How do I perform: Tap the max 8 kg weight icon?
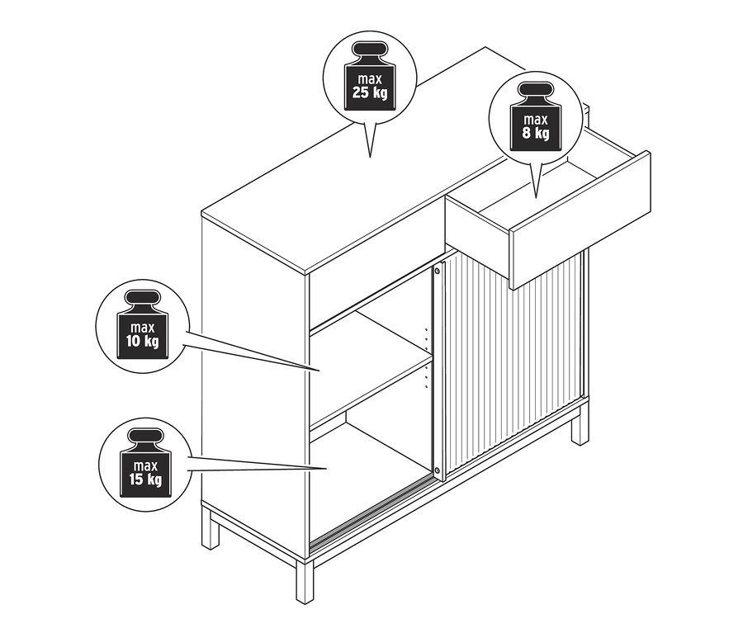pyautogui.click(x=536, y=116)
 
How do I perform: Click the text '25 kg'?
pyautogui.click(x=370, y=92)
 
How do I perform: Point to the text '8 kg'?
pyautogui.click(x=536, y=133)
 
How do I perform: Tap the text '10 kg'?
pyautogui.click(x=143, y=341)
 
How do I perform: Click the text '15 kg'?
pyautogui.click(x=145, y=479)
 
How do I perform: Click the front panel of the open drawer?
pyautogui.click(x=580, y=220)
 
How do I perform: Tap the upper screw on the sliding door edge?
pyautogui.click(x=437, y=272)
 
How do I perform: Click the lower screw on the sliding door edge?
pyautogui.click(x=437, y=470)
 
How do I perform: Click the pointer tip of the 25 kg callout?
pyautogui.click(x=370, y=158)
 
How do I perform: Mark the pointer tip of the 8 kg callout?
pyautogui.click(x=536, y=197)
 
